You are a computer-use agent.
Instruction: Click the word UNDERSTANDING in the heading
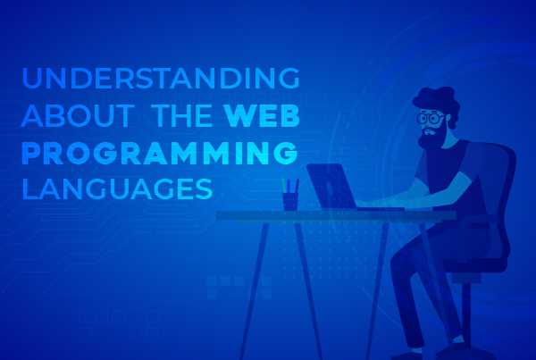click(161, 78)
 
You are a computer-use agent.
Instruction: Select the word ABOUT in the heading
click(78, 115)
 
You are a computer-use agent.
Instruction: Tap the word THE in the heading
click(181, 115)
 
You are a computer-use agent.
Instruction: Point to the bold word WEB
click(262, 115)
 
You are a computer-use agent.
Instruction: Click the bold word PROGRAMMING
click(160, 153)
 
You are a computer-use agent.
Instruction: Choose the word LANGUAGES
click(117, 188)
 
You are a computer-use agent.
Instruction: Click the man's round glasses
click(430, 118)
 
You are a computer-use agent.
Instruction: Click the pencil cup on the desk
click(290, 201)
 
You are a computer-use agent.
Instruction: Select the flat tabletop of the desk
click(336, 215)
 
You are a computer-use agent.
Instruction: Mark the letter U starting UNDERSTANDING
click(31, 78)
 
